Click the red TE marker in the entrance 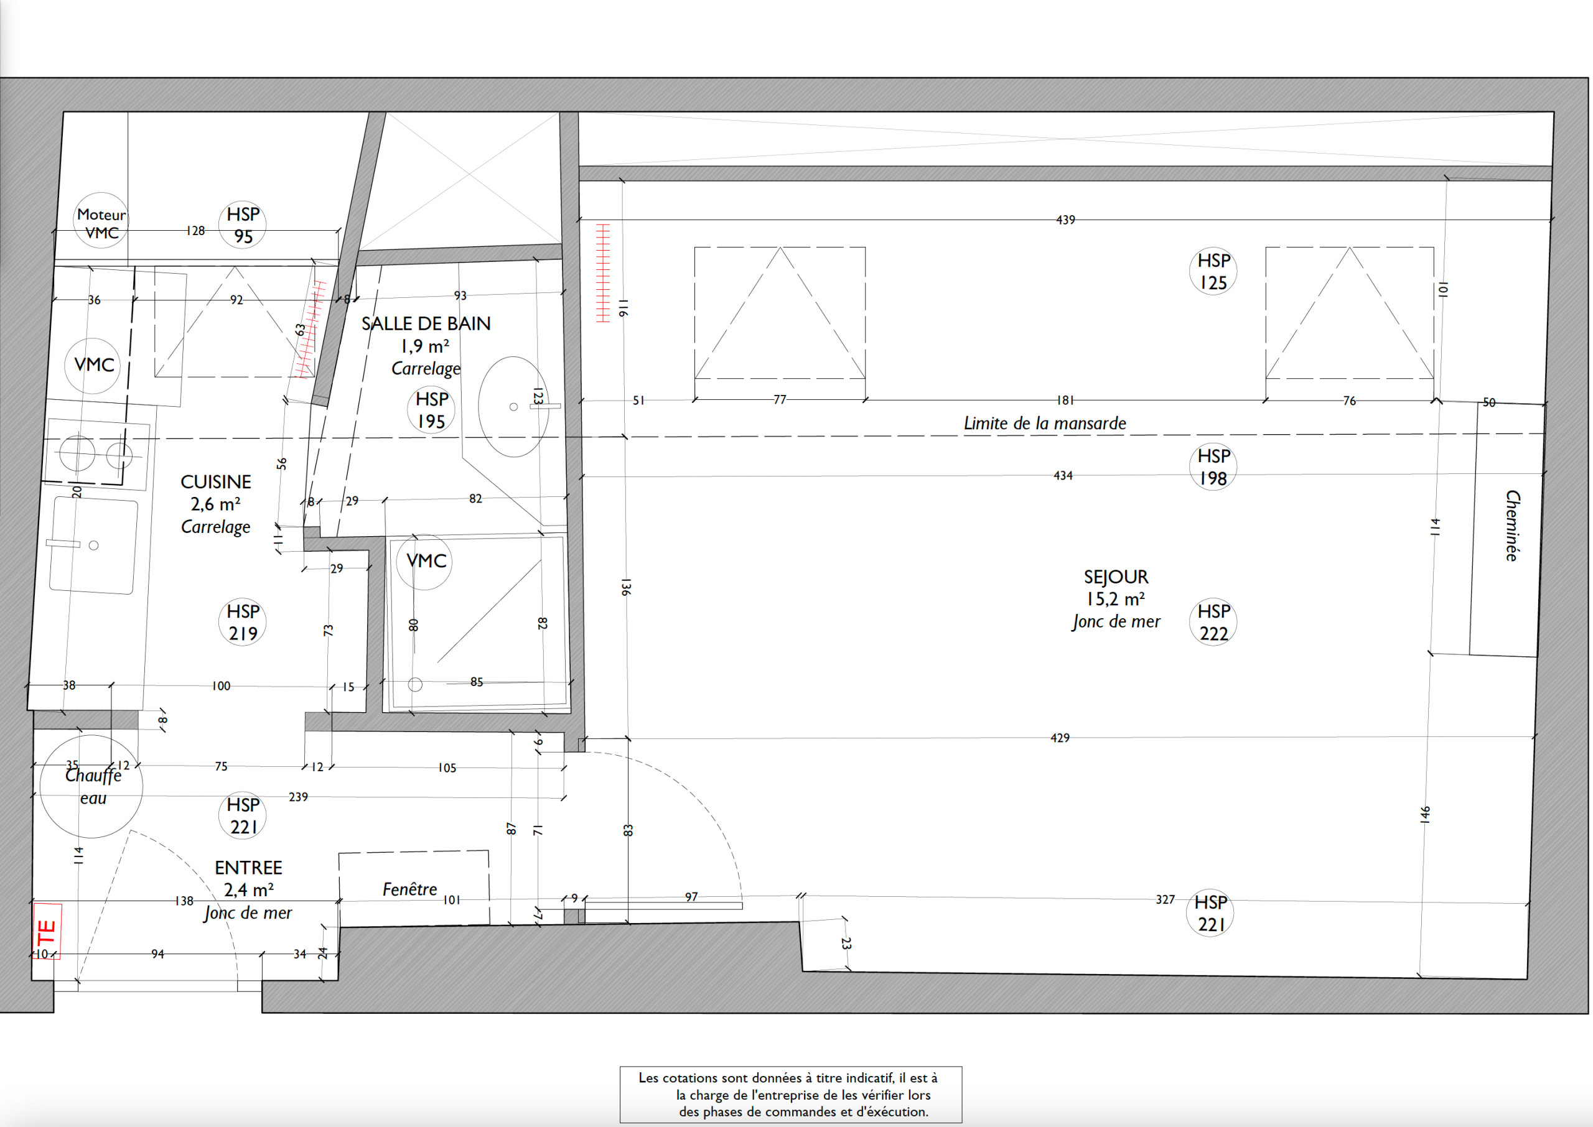(47, 931)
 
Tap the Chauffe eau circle (91, 786)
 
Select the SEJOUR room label (1116, 577)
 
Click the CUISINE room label (216, 481)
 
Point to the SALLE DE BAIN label (426, 323)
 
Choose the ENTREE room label (248, 868)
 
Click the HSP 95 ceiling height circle (243, 225)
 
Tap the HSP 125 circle (1213, 271)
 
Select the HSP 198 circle (1213, 466)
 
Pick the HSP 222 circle (1213, 622)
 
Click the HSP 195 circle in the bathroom (431, 410)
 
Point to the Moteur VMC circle (101, 220)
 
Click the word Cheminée (1513, 526)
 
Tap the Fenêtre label (409, 889)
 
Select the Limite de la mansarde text (1045, 423)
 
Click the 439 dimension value (1065, 220)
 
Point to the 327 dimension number (1166, 899)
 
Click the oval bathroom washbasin (513, 407)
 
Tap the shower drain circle (415, 684)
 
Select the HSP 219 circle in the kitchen (243, 622)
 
